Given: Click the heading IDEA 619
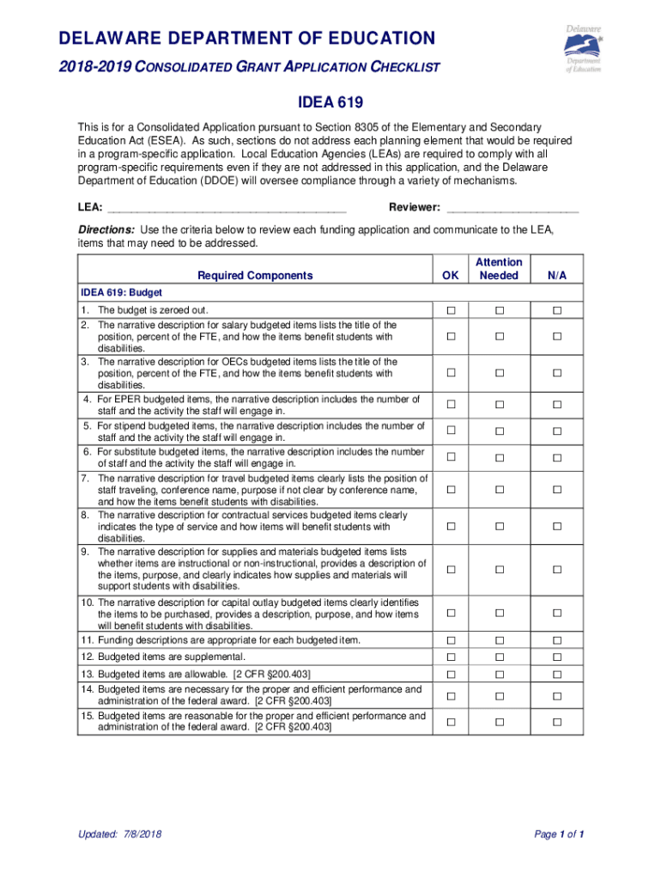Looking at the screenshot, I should [330, 104].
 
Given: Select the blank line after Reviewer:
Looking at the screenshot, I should [512, 208].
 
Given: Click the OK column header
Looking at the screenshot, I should [451, 276].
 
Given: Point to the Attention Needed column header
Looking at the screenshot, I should [499, 269].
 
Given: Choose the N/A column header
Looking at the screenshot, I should [556, 276].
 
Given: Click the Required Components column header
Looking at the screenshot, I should [255, 276].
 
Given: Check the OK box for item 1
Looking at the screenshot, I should [451, 310].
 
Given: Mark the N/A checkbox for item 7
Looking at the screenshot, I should [556, 490].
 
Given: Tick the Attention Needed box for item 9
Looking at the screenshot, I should [499, 569].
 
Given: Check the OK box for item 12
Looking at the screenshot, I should [451, 657].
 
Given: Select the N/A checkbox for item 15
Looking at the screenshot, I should [556, 722].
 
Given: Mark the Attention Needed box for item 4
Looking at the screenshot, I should [499, 405].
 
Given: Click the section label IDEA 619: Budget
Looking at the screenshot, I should [122, 292].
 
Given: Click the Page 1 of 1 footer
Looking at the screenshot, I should [559, 834].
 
